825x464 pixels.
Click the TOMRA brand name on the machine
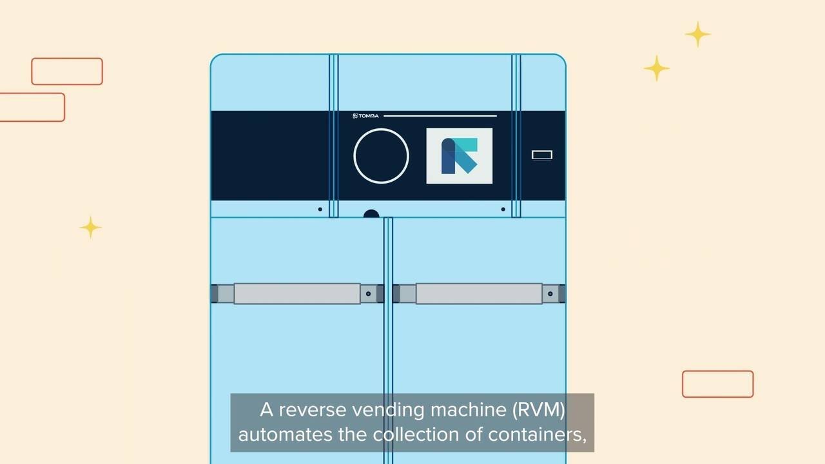(365, 115)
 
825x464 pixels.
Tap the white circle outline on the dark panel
(381, 128)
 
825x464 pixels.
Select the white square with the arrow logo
(460, 156)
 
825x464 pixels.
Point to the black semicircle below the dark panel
(371, 213)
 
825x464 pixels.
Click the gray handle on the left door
(297, 293)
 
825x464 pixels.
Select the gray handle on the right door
(479, 293)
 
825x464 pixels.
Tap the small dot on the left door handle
(368, 293)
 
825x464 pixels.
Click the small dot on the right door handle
(550, 293)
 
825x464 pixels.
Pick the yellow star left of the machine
(91, 227)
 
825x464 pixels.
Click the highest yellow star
(697, 34)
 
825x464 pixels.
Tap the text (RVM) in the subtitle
(538, 410)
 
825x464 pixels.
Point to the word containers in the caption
(538, 435)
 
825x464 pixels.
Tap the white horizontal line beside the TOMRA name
(440, 115)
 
